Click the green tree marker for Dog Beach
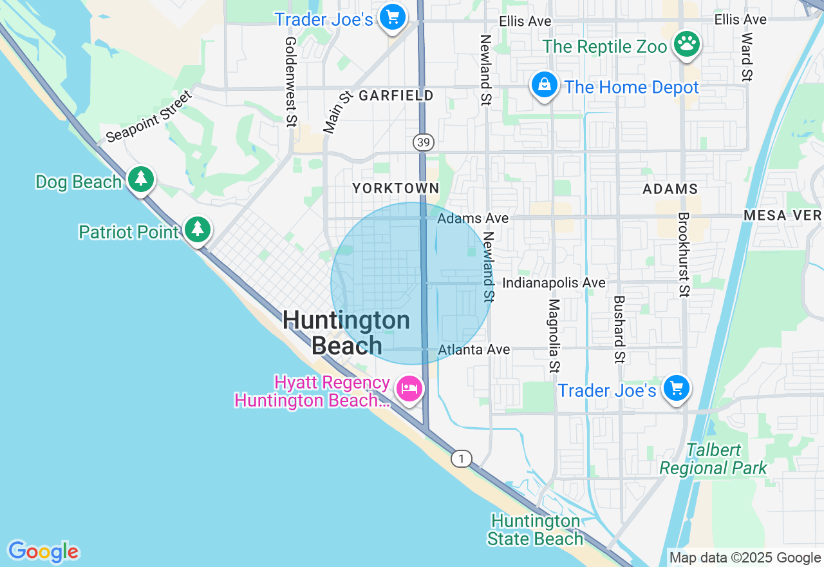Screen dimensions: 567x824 140,180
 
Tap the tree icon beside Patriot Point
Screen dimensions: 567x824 198,229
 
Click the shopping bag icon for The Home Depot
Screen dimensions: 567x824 544,85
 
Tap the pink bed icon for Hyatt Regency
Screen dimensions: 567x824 409,389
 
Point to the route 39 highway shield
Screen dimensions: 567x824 423,142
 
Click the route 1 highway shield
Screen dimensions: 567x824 460,459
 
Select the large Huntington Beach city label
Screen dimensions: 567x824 346,332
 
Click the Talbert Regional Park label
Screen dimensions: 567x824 713,459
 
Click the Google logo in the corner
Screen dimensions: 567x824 43,552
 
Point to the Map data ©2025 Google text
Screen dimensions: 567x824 745,558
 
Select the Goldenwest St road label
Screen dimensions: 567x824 291,81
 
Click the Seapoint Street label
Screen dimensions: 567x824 149,117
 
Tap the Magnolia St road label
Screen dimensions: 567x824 554,335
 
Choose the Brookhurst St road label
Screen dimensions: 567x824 683,255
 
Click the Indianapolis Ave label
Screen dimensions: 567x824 554,283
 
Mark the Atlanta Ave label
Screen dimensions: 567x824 474,349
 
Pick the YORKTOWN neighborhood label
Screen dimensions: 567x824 395,188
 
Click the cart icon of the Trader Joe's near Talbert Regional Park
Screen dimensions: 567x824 676,389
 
